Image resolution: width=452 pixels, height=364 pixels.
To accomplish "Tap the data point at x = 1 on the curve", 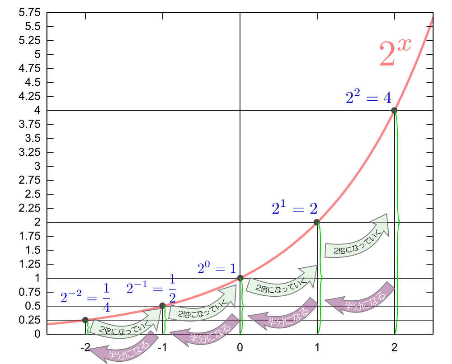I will (x=316, y=222).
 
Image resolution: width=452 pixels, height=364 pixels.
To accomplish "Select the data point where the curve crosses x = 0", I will (x=240, y=278).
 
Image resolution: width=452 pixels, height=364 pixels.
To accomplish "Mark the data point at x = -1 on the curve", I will (x=162, y=306).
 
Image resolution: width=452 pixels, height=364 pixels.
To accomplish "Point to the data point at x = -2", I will (x=85, y=320).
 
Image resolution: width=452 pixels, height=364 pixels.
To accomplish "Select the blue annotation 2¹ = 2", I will (x=294, y=208).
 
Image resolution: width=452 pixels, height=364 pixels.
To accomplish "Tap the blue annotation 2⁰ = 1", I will (x=217, y=268).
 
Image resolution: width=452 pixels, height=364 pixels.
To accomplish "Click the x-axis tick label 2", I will (x=395, y=347).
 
